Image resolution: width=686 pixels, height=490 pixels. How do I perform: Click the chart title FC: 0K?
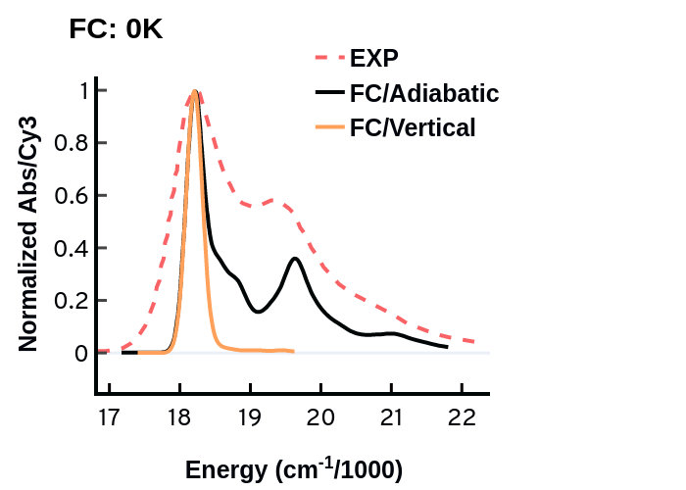tap(116, 29)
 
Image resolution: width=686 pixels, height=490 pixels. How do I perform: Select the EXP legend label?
tap(374, 56)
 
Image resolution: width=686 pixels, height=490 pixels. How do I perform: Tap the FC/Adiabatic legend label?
tap(424, 93)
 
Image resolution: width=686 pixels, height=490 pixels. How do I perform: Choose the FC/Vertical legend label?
tap(413, 127)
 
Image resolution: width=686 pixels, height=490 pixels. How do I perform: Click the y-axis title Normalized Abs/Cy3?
tap(29, 233)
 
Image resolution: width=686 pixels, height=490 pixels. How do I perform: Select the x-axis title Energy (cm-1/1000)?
tap(293, 469)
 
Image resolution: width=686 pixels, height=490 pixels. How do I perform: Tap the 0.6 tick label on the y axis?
tap(70, 196)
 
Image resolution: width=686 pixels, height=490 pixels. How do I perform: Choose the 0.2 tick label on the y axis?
tap(70, 301)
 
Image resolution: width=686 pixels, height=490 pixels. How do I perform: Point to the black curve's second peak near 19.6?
tap(295, 259)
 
